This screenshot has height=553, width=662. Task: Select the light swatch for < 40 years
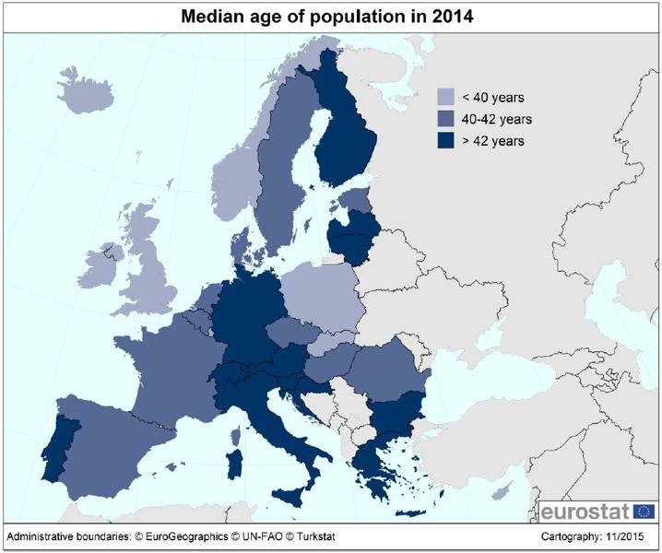click(x=448, y=97)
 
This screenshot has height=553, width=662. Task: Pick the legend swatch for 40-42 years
click(x=448, y=119)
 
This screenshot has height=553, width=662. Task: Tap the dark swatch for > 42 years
click(x=448, y=141)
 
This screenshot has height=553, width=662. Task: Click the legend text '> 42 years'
click(x=494, y=141)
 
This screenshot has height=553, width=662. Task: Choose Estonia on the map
click(x=354, y=199)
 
